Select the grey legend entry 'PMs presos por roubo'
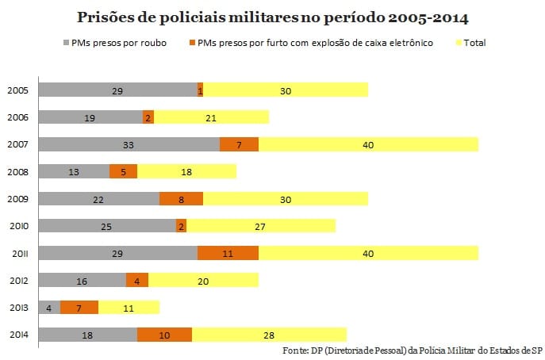click(119, 42)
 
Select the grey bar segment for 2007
click(129, 144)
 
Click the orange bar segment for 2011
click(228, 253)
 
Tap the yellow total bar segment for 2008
click(186, 171)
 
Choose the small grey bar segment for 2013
click(49, 307)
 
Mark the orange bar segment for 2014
click(164, 335)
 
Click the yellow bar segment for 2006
click(211, 117)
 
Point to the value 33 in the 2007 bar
click(129, 144)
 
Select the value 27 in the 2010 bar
click(260, 226)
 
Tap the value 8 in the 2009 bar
click(181, 199)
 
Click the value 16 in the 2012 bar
click(83, 280)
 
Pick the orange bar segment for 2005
click(200, 90)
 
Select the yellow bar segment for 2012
click(204, 280)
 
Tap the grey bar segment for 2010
click(107, 226)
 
